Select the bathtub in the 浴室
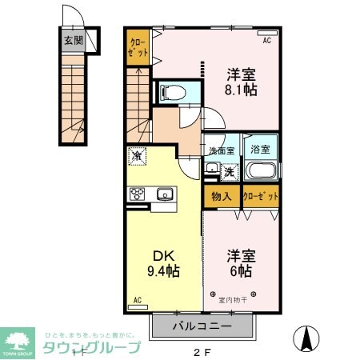pos(260,170)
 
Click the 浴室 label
pos(261,149)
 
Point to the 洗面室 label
pos(221,150)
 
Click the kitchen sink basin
pos(166,194)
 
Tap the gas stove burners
pos(137,194)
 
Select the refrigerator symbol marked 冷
pos(136,156)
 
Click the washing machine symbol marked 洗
pos(228,171)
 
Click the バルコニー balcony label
pos(202,327)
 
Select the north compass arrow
pos(306,339)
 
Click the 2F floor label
pos(203,350)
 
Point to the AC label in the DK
pos(137,300)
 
